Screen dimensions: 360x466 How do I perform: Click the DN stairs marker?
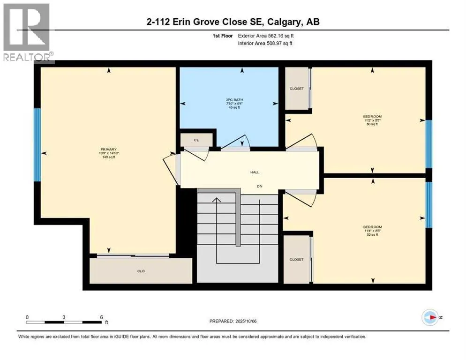pyautogui.click(x=258, y=186)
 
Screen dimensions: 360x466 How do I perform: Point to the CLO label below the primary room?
pyautogui.click(x=141, y=271)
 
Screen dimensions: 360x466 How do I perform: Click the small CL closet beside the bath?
pyautogui.click(x=196, y=140)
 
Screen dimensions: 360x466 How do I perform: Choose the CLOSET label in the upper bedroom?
pyautogui.click(x=296, y=89)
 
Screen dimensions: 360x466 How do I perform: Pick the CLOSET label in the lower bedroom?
pyautogui.click(x=296, y=259)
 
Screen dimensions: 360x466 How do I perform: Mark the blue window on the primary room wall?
pyautogui.click(x=38, y=145)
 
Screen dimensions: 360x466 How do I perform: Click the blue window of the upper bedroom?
pyautogui.click(x=428, y=144)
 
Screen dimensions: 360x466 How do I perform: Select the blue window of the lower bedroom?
pyautogui.click(x=428, y=204)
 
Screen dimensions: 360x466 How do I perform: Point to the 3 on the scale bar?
pyautogui.click(x=64, y=317)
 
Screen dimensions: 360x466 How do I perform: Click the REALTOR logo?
pyautogui.click(x=27, y=32)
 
